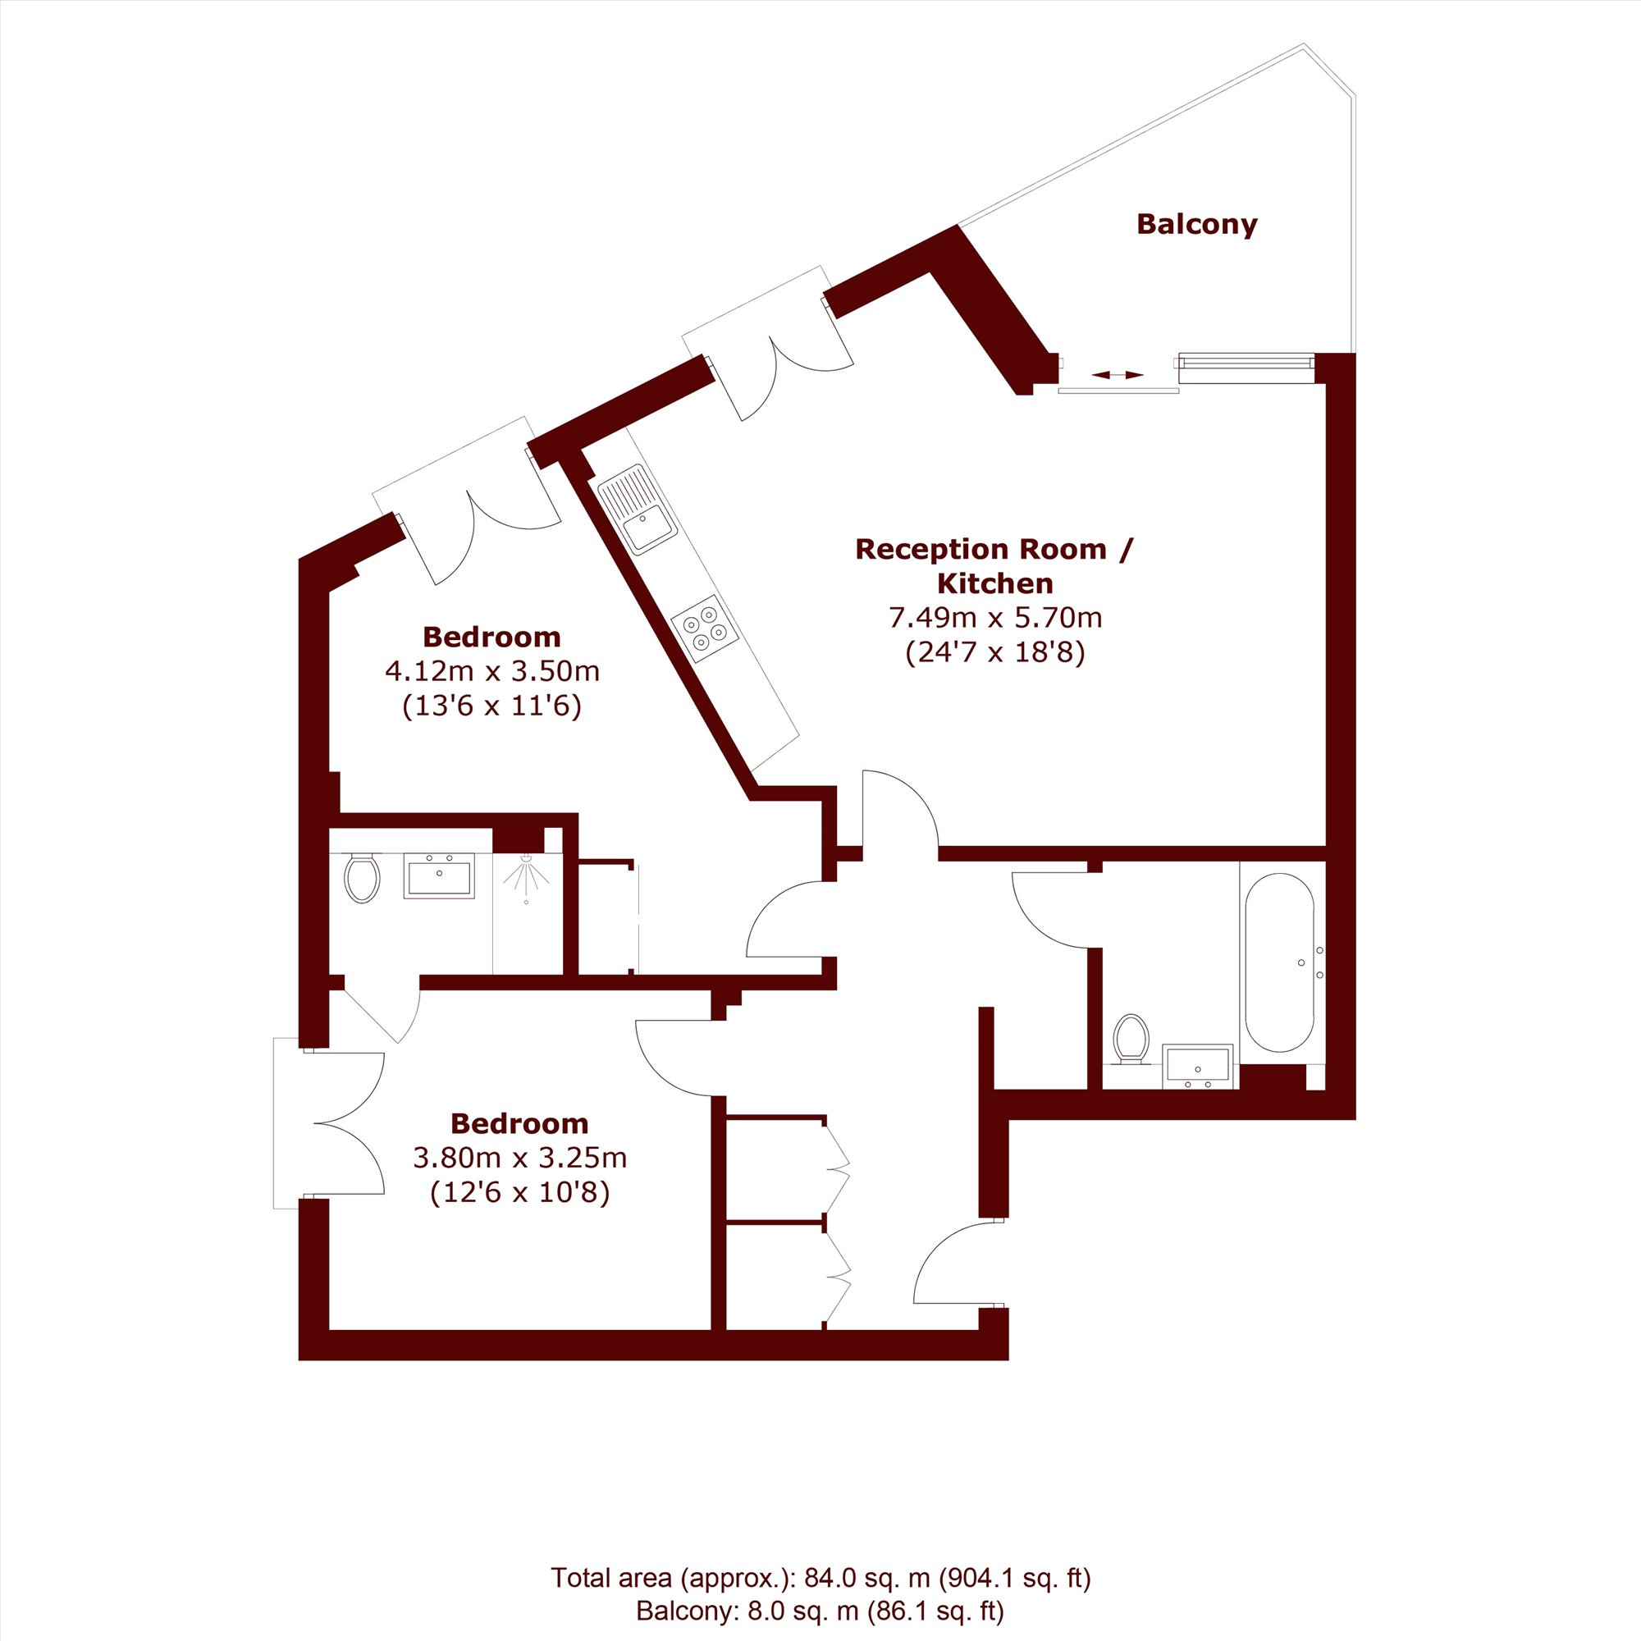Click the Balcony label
pyautogui.click(x=1196, y=225)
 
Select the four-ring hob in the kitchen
pyautogui.click(x=704, y=629)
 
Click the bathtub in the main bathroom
pyautogui.click(x=1278, y=962)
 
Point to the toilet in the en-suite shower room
pyautogui.click(x=362, y=878)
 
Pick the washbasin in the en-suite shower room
pyautogui.click(x=438, y=876)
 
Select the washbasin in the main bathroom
pyautogui.click(x=1199, y=1066)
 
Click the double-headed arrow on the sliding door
pyautogui.click(x=1118, y=375)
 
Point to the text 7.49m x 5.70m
pyautogui.click(x=995, y=618)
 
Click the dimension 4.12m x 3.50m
pyautogui.click(x=492, y=671)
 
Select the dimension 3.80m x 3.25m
pyautogui.click(x=520, y=1157)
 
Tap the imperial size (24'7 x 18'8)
pyautogui.click(x=995, y=652)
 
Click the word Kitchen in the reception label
pyautogui.click(x=995, y=583)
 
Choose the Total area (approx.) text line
pyautogui.click(x=820, y=1577)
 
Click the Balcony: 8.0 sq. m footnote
pyautogui.click(x=820, y=1611)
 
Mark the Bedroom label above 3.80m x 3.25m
pyautogui.click(x=520, y=1123)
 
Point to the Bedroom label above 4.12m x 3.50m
pyautogui.click(x=491, y=636)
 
